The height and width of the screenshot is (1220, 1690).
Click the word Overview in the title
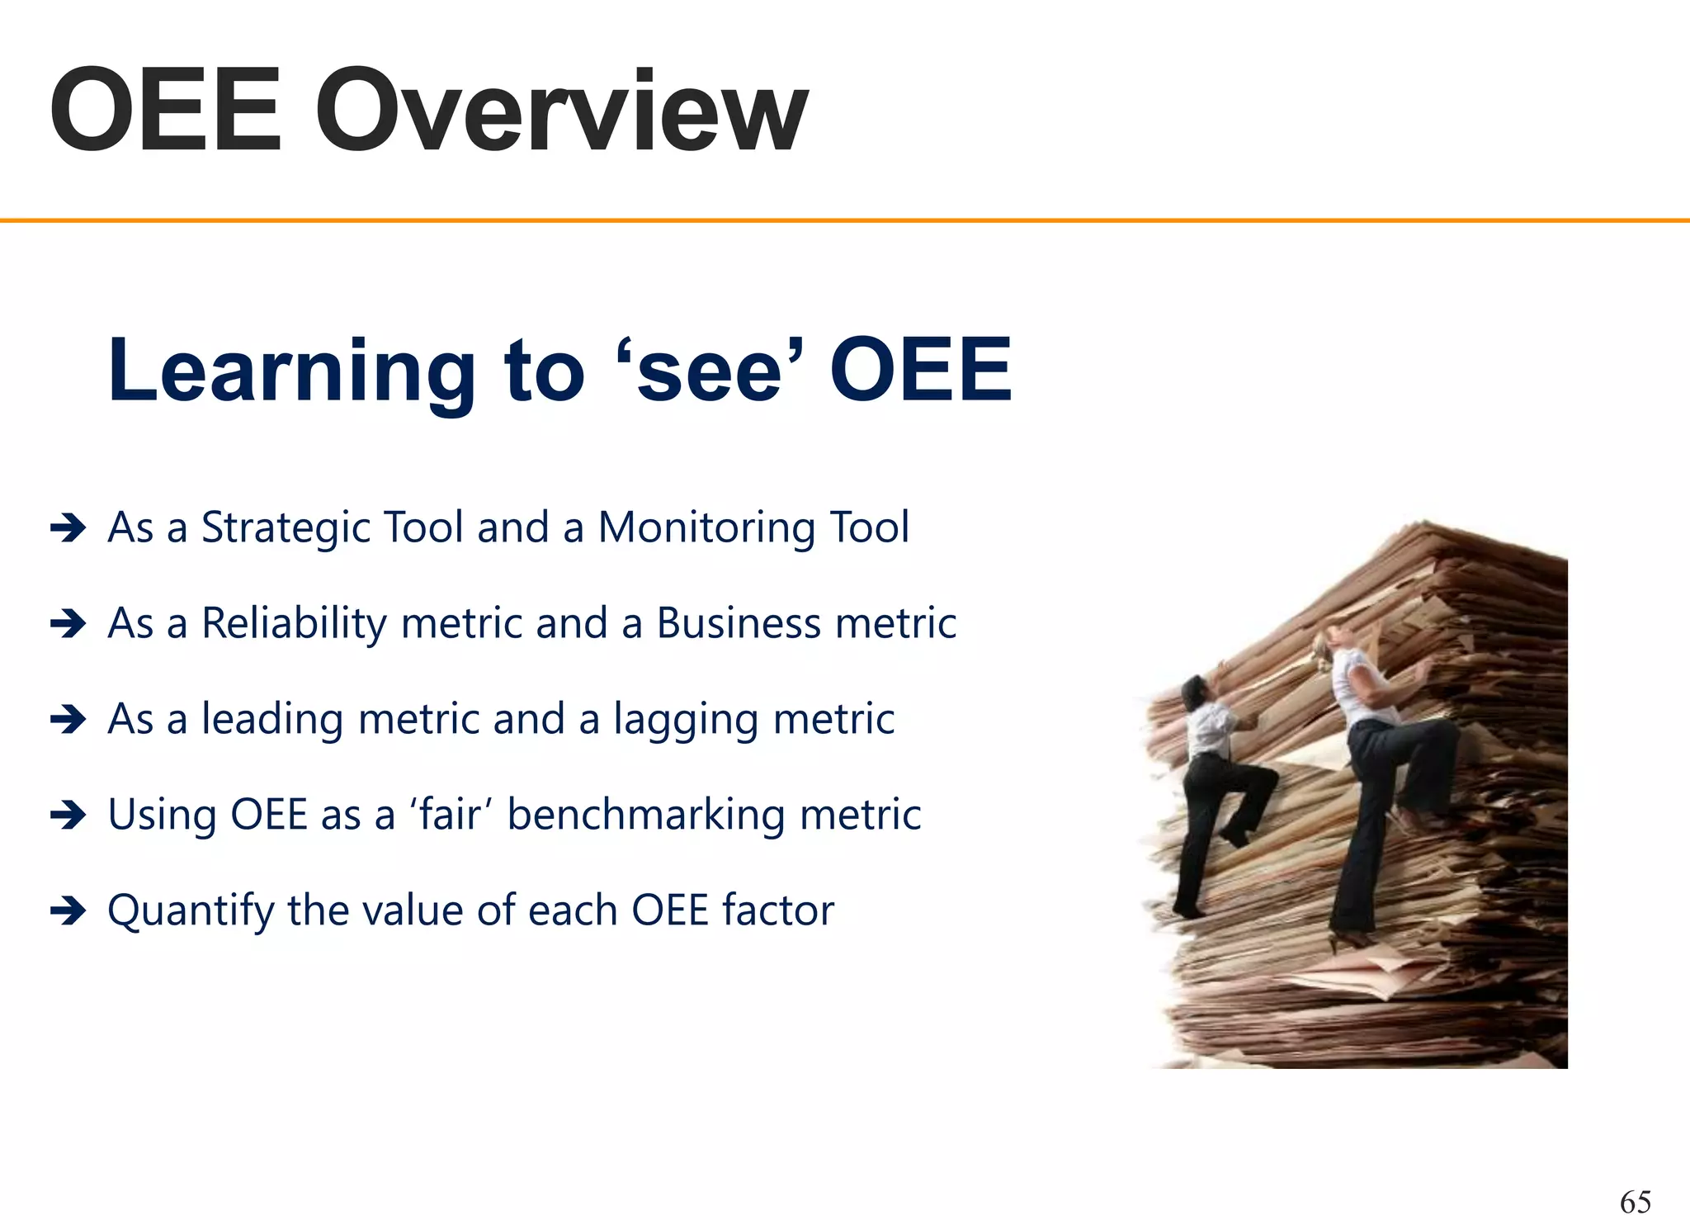pos(561,111)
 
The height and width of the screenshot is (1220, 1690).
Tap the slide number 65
pos(1635,1201)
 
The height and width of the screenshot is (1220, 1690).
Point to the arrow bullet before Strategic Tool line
pos(68,528)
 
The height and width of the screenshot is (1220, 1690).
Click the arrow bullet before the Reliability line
pos(68,624)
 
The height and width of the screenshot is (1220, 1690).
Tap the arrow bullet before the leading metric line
pos(68,720)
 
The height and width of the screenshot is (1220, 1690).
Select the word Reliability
pos(294,624)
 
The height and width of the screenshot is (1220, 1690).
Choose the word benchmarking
pos(646,816)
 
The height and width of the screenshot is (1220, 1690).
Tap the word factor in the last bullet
pos(778,910)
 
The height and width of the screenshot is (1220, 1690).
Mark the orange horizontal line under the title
pos(845,220)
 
